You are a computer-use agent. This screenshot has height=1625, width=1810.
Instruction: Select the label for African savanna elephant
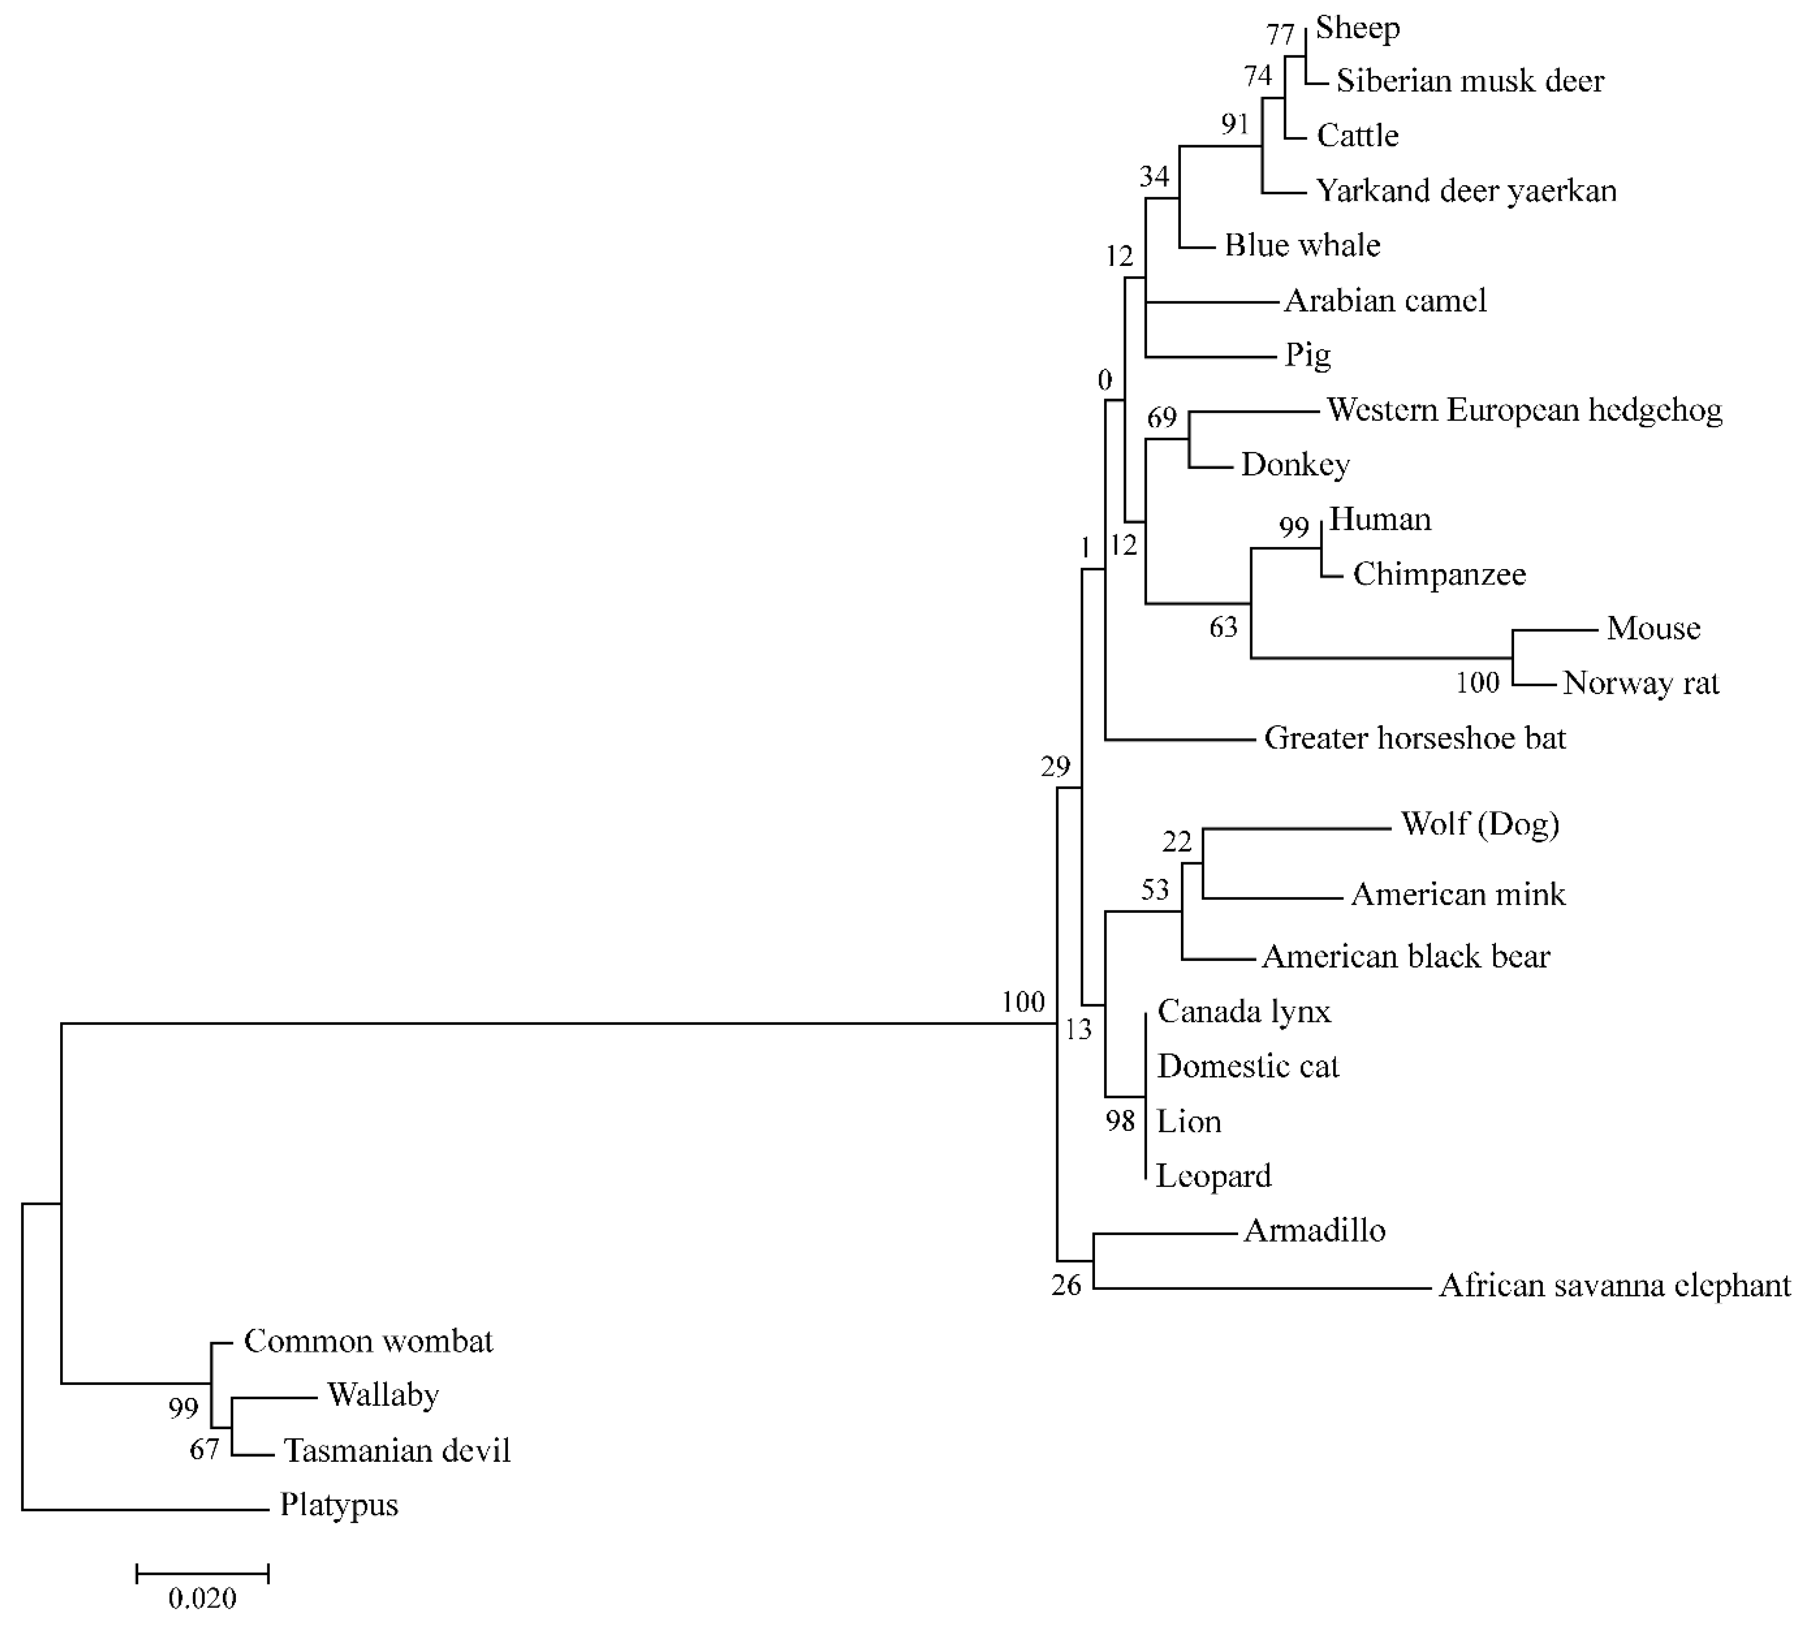(x=1614, y=1286)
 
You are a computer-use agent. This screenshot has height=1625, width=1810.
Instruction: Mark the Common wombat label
(x=368, y=1341)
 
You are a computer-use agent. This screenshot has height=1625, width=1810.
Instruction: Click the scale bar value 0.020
(x=202, y=1598)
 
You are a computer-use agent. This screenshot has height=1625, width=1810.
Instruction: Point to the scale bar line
(x=202, y=1573)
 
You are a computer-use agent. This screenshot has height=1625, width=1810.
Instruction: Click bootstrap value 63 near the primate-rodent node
(x=1224, y=628)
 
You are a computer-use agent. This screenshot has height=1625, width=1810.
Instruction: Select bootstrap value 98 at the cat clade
(x=1120, y=1120)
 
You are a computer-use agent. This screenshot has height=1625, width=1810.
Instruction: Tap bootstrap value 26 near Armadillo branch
(x=1066, y=1286)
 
